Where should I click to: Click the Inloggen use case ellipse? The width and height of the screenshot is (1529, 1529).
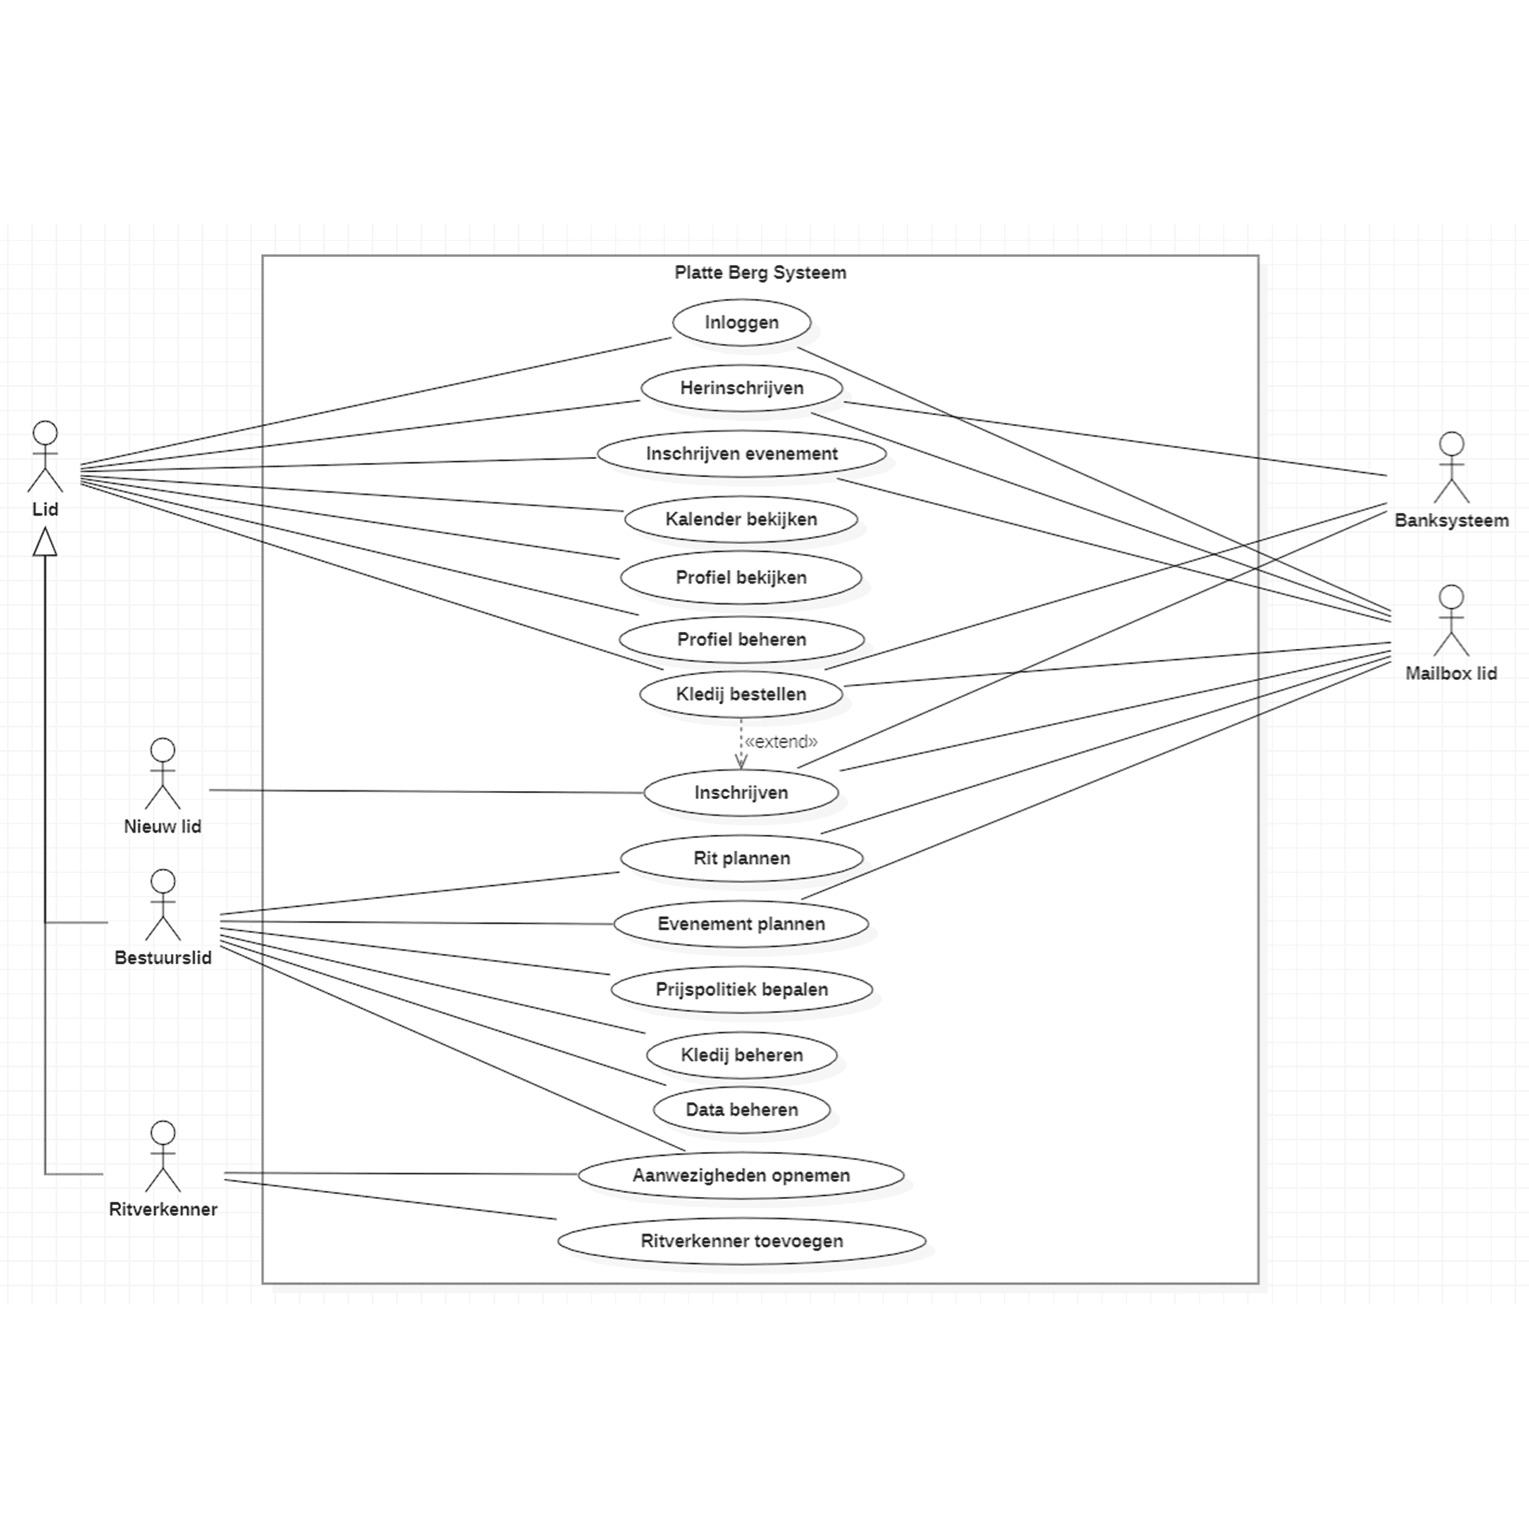(x=741, y=322)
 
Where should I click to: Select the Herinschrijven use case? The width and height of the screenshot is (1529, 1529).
(x=741, y=388)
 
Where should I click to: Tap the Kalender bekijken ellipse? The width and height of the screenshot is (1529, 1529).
(x=741, y=519)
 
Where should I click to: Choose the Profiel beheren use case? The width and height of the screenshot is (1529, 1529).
(x=741, y=639)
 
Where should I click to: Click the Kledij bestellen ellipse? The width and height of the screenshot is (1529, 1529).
(x=741, y=694)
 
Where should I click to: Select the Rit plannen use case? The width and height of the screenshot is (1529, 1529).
(x=741, y=858)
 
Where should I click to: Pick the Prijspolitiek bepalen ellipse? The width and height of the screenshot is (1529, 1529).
(x=741, y=989)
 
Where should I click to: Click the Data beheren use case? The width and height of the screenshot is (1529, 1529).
(x=741, y=1110)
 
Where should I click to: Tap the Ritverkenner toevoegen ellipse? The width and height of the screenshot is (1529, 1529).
(x=741, y=1241)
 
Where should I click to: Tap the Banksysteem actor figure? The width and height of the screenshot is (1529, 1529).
(x=1451, y=468)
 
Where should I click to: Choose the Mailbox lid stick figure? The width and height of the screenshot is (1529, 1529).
(x=1451, y=621)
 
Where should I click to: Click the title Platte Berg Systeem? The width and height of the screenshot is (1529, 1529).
(x=760, y=273)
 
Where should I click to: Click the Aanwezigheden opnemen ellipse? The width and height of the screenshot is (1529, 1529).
(x=741, y=1175)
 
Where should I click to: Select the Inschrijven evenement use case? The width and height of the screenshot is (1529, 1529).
(x=741, y=453)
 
